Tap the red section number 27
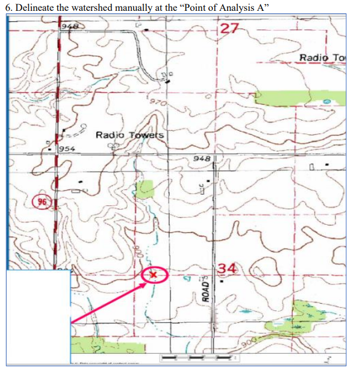(229, 28)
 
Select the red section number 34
(229, 268)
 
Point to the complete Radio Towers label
(129, 134)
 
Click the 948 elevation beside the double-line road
(201, 159)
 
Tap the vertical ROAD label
(206, 289)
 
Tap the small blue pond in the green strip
(326, 103)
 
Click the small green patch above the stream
(144, 189)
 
